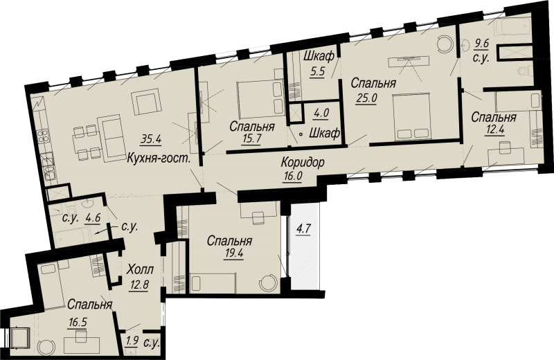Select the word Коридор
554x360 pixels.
303,163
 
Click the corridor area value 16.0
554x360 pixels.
292,177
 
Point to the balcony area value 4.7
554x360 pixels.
303,229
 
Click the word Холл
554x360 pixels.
140,270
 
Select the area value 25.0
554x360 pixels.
366,98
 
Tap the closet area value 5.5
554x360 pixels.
317,71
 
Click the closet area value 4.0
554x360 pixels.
321,113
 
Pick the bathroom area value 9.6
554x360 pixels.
481,44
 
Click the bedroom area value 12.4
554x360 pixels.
494,129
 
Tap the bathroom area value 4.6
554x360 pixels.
93,217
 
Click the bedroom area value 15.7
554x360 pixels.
252,138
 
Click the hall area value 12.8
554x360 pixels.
138,284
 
